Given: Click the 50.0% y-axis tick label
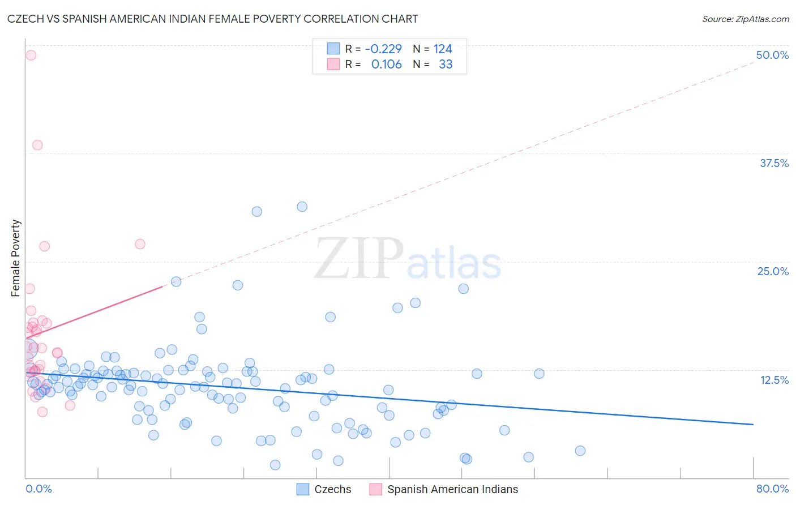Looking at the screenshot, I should (x=772, y=55).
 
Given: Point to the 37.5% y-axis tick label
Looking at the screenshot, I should (x=774, y=163).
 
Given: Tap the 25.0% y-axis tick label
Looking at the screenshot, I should (x=773, y=271).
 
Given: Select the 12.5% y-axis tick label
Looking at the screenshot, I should (x=774, y=380).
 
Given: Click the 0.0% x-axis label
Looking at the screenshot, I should (x=38, y=489).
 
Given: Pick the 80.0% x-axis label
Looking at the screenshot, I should (x=772, y=489).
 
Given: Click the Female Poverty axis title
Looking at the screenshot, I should (x=15, y=258).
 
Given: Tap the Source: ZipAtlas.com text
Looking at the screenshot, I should (x=745, y=19).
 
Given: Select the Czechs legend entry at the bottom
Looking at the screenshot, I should (x=332, y=489).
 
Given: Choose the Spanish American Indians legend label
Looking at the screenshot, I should (x=452, y=489).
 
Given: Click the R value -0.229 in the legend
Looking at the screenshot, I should (x=383, y=49).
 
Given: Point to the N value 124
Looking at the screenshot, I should (x=443, y=49).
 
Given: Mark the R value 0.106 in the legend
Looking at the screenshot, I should (x=386, y=64).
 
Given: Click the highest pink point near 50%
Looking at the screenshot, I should (x=31, y=55).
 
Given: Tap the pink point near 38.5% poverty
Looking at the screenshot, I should (x=37, y=145).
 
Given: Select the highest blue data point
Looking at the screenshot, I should (x=302, y=207).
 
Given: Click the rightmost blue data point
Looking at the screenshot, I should (x=580, y=451).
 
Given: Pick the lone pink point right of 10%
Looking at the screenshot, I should (x=140, y=244).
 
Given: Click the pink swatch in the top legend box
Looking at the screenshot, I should (x=333, y=64).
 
